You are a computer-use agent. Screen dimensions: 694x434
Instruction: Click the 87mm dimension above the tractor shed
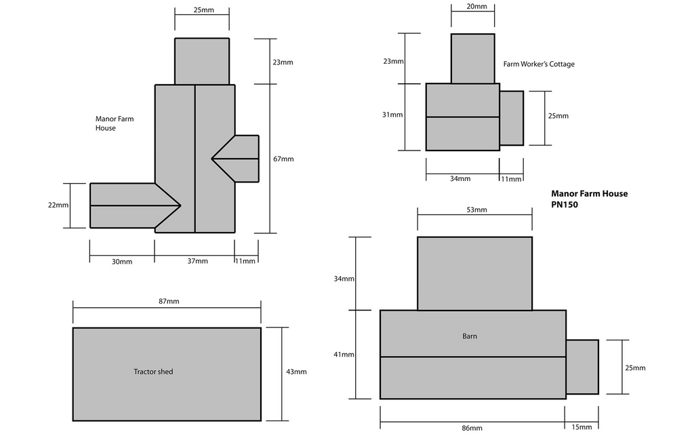tap(169, 301)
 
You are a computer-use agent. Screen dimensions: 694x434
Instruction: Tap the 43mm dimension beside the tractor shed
tap(296, 372)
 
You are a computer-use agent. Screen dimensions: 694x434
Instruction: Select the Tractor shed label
tap(153, 372)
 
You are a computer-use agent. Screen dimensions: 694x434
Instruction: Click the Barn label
tap(470, 336)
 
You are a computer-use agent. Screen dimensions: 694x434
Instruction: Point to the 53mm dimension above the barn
tap(476, 210)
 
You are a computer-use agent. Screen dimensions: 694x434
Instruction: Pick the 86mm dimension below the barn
tap(472, 428)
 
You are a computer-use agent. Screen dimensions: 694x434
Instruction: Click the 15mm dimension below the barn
tap(581, 427)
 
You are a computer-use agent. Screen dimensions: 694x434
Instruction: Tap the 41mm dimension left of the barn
tap(344, 354)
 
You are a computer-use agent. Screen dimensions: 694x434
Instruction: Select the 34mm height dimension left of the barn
tap(344, 279)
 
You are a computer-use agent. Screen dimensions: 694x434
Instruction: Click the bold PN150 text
tap(565, 205)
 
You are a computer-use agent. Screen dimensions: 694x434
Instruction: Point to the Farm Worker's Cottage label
tap(539, 64)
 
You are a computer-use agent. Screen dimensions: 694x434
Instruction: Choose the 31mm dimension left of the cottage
tap(392, 115)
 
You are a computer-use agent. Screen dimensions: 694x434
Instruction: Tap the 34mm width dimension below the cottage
tap(460, 178)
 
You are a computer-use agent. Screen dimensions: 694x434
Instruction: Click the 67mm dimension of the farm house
tap(283, 159)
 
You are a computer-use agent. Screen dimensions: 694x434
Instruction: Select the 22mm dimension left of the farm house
tap(58, 205)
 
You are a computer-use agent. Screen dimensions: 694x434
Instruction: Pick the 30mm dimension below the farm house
tap(122, 261)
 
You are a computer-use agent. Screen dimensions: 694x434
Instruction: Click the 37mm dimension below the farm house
tap(197, 261)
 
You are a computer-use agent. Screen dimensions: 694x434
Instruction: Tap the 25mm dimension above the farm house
tap(203, 9)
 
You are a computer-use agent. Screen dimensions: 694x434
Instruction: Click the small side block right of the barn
tap(582, 367)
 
